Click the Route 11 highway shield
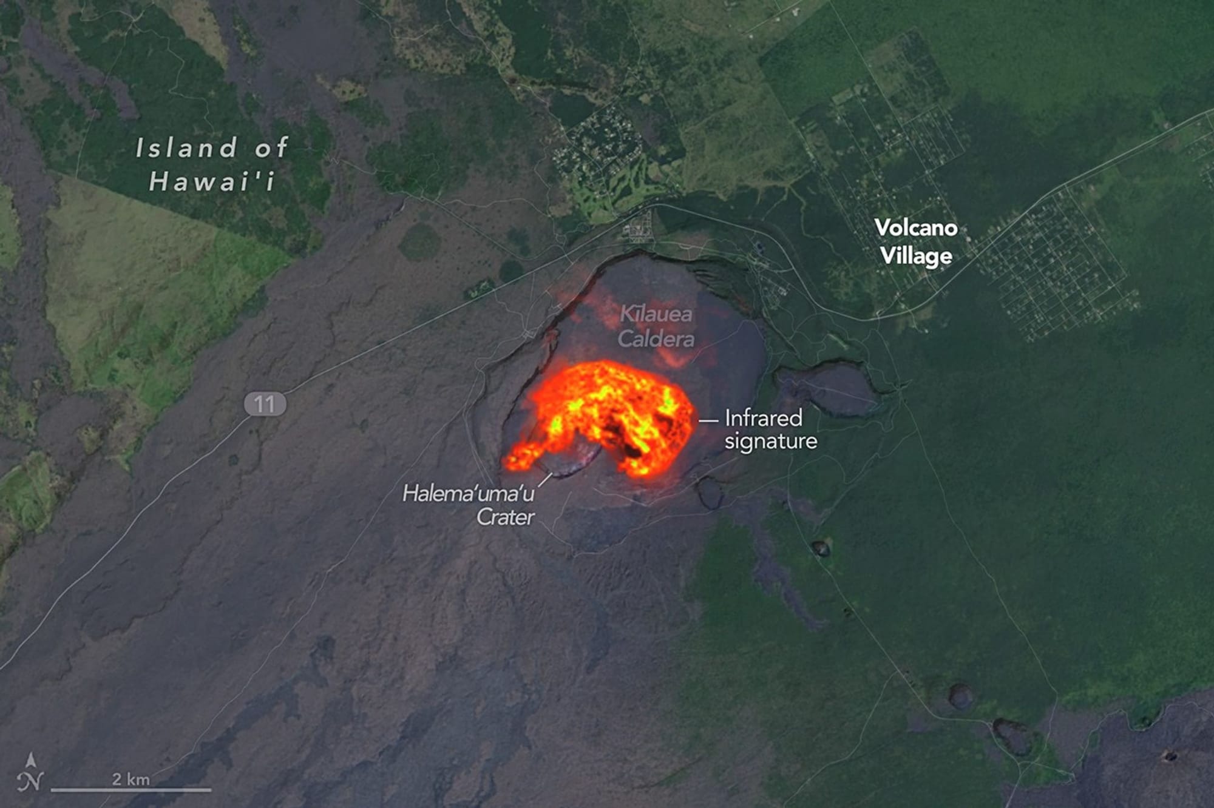[x=265, y=404]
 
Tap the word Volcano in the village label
[x=916, y=228]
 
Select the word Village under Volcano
[x=916, y=255]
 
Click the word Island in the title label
[x=186, y=148]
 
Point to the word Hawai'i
[x=212, y=181]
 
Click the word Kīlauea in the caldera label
[x=656, y=314]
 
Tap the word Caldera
[x=656, y=338]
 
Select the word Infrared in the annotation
[x=764, y=418]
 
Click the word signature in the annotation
[x=771, y=441]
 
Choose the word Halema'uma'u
[x=468, y=494]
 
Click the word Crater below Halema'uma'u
[x=505, y=517]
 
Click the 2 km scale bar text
[x=131, y=779]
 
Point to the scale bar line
[x=131, y=790]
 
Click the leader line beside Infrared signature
[x=708, y=420]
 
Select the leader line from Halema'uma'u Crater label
[x=544, y=480]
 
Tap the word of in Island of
[x=271, y=148]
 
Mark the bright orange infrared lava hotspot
[x=607, y=412]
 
